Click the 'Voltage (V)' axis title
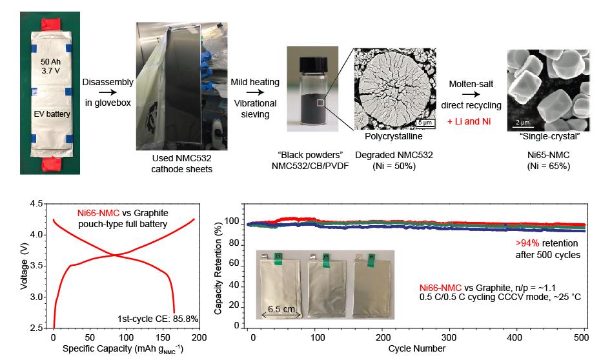tap(25, 265)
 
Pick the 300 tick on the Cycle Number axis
tap(449, 337)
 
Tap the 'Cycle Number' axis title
tap(416, 349)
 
